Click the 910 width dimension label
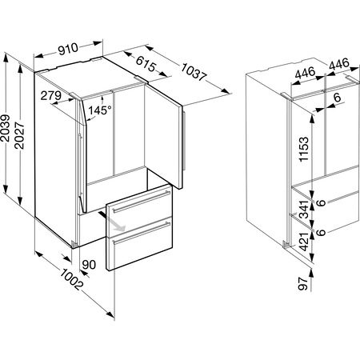click(x=69, y=49)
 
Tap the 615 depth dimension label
click(x=146, y=64)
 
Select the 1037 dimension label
click(x=194, y=72)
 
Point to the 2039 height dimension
click(x=6, y=128)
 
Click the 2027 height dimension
click(x=20, y=135)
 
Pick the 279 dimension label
click(x=50, y=95)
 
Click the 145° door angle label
click(x=100, y=110)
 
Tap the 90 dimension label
click(x=89, y=265)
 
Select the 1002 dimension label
click(x=70, y=279)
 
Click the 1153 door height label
click(x=304, y=149)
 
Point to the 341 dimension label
click(x=304, y=210)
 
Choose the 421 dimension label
click(x=304, y=242)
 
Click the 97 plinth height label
click(x=303, y=283)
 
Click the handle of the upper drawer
click(x=142, y=202)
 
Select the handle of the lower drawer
click(x=142, y=234)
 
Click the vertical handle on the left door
click(x=80, y=166)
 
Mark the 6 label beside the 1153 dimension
click(x=338, y=98)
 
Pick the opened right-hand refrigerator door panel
click(x=163, y=136)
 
